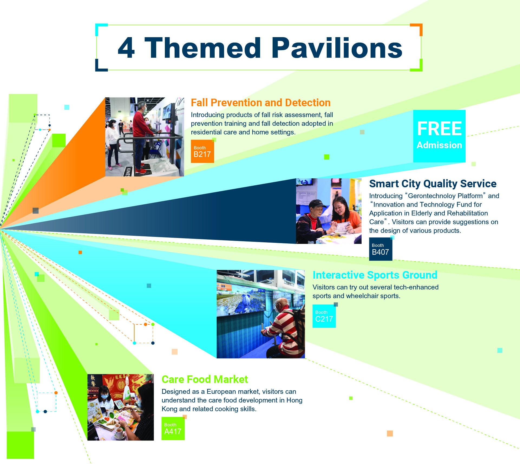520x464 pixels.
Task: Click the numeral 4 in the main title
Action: [x=126, y=48]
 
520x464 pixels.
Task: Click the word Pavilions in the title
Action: [x=337, y=48]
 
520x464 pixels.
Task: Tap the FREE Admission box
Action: [x=439, y=136]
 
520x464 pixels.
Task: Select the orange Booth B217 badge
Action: [x=202, y=151]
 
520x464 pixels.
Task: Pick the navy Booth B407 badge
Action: [x=381, y=249]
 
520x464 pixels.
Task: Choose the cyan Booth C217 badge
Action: [x=324, y=316]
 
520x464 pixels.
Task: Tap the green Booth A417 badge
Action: [x=173, y=428]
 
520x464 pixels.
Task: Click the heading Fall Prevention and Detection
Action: [x=261, y=103]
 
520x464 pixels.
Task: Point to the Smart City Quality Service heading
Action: [x=433, y=184]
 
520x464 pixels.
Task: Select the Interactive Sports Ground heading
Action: [x=375, y=275]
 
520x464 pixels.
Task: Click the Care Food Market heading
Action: [x=205, y=379]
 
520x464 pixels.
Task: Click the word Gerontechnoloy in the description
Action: [x=432, y=196]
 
